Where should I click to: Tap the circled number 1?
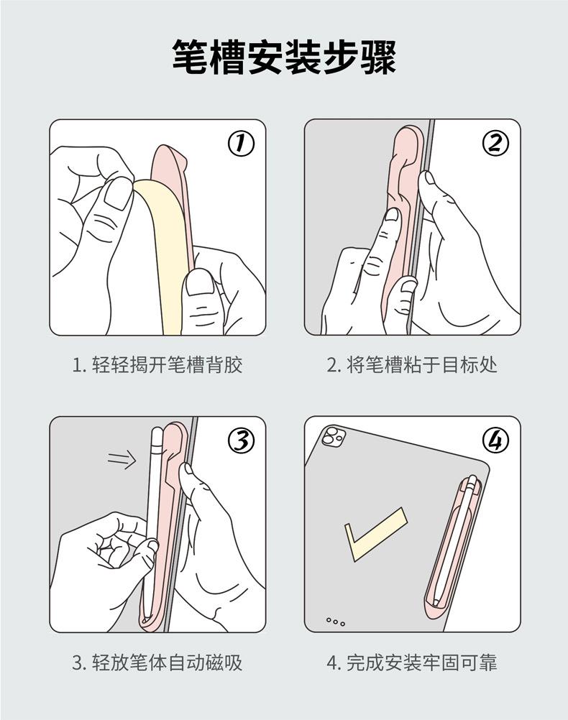pyautogui.click(x=241, y=145)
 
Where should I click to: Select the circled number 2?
pyautogui.click(x=495, y=144)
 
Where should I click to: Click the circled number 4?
pyautogui.click(x=495, y=440)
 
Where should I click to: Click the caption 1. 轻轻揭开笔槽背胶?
pyautogui.click(x=157, y=365)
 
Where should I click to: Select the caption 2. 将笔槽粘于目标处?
pyautogui.click(x=412, y=365)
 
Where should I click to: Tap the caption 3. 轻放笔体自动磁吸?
pyautogui.click(x=157, y=662)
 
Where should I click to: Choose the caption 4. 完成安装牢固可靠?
pyautogui.click(x=412, y=662)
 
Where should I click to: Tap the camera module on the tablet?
pyautogui.click(x=334, y=436)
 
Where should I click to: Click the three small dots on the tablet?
pyautogui.click(x=336, y=622)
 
